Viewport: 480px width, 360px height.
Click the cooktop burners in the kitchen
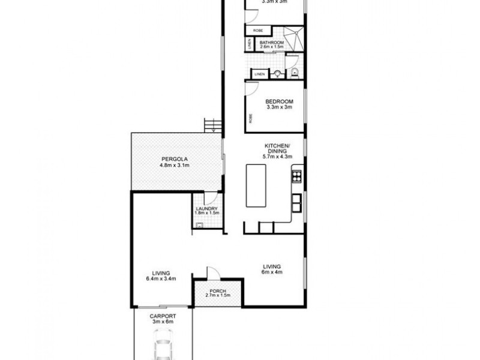(x=296, y=176)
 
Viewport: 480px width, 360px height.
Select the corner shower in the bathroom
(x=296, y=37)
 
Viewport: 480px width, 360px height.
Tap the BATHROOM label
(x=272, y=43)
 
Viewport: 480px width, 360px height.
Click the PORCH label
(x=218, y=292)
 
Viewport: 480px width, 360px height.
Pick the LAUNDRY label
(x=206, y=208)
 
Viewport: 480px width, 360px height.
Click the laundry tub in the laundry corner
(x=199, y=226)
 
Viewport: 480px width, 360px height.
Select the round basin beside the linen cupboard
(x=277, y=74)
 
